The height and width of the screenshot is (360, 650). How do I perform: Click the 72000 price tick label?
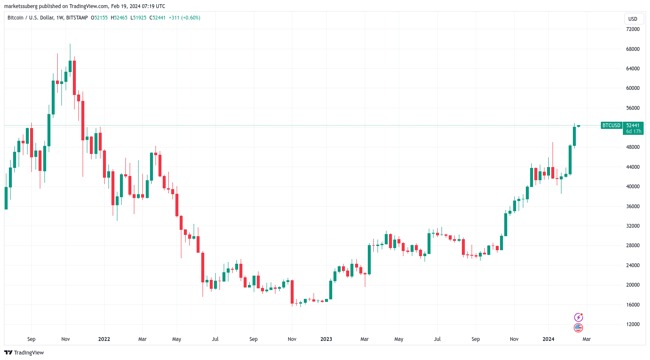[x=633, y=29]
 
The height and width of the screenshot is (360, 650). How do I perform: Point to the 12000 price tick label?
[x=633, y=324]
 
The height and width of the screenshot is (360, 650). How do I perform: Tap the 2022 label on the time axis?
[x=104, y=339]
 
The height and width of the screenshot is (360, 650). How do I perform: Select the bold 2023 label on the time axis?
[x=326, y=339]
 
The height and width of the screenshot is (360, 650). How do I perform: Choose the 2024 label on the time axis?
[x=548, y=339]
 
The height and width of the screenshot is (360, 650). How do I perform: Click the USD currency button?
[x=633, y=19]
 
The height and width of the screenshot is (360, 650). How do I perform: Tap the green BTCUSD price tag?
[x=611, y=126]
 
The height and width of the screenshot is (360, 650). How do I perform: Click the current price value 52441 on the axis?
[x=633, y=126]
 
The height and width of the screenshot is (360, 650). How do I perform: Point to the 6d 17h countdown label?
[x=633, y=131]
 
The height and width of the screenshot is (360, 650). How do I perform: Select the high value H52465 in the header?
[x=119, y=18]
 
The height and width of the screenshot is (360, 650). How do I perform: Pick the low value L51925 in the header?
[x=138, y=18]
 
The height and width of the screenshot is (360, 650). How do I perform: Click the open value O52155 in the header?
[x=100, y=18]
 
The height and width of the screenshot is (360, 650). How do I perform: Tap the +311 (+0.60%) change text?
[x=184, y=18]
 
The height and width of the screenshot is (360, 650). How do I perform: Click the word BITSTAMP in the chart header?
[x=77, y=18]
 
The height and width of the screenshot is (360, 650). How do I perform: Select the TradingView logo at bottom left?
[x=24, y=353]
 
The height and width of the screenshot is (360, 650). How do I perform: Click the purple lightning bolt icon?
[x=578, y=317]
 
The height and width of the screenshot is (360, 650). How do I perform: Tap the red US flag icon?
[x=578, y=328]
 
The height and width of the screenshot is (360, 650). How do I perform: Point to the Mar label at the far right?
[x=586, y=339]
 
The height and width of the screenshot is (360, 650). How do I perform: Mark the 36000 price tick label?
[x=633, y=207]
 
